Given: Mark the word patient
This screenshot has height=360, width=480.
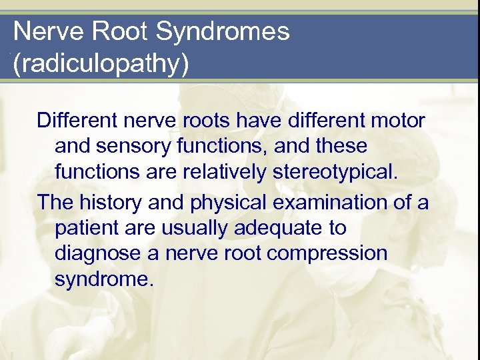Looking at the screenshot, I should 87,228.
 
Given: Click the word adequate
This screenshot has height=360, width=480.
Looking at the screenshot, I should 279,228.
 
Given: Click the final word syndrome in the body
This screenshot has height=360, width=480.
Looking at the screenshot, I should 104,279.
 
